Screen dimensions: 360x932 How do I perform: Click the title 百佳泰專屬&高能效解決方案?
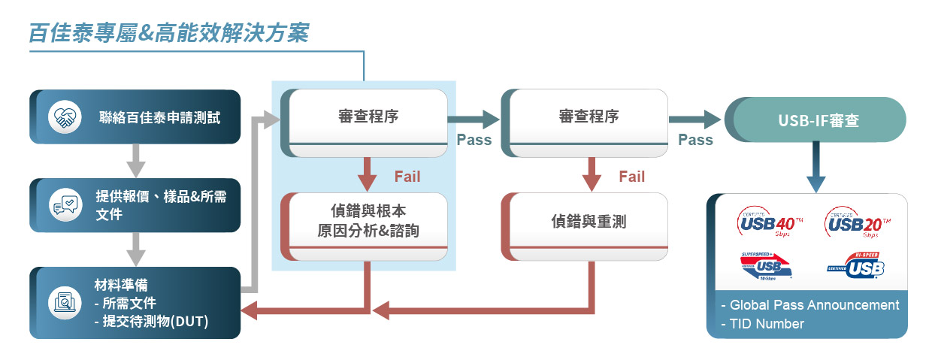168,33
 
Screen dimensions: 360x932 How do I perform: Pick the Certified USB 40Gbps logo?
770,223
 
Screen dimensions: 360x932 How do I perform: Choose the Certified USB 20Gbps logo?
858,223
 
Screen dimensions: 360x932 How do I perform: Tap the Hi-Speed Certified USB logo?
856,265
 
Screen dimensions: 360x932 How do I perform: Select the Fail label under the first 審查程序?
407,177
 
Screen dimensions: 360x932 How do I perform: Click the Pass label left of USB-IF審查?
695,140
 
